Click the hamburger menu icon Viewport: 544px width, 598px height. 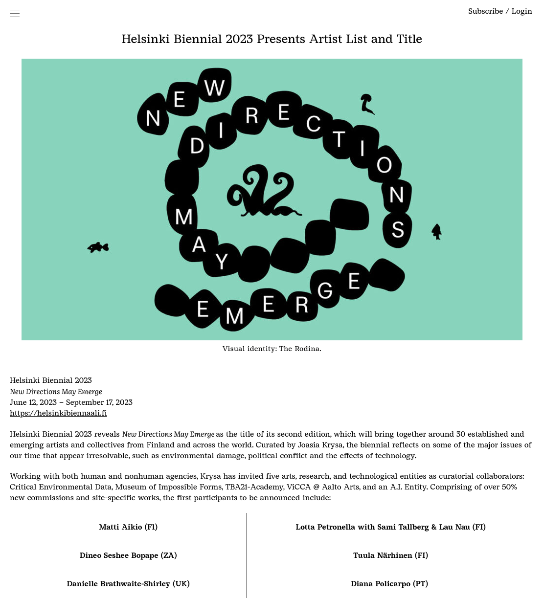pyautogui.click(x=15, y=13)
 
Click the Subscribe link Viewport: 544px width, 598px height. pyautogui.click(x=485, y=11)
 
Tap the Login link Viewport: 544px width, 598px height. pyautogui.click(x=521, y=11)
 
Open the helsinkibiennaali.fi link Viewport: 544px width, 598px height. pyautogui.click(x=58, y=413)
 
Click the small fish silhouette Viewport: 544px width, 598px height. pyautogui.click(x=98, y=247)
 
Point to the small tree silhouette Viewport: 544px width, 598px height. pyautogui.click(x=437, y=232)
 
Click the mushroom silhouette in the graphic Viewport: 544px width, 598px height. pyautogui.click(x=367, y=104)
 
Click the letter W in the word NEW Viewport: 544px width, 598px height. pyautogui.click(x=214, y=88)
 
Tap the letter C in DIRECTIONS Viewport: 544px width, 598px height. pyautogui.click(x=313, y=123)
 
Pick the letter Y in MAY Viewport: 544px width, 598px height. pyautogui.click(x=222, y=262)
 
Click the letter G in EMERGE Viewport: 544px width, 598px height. pyautogui.click(x=325, y=290)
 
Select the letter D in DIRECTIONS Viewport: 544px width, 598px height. pyautogui.click(x=197, y=146)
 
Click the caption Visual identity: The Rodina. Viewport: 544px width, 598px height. pyautogui.click(x=272, y=349)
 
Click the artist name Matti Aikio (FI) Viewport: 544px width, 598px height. pyautogui.click(x=128, y=527)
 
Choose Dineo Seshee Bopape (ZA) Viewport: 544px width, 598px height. pyautogui.click(x=128, y=555)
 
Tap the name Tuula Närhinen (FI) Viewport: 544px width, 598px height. pyautogui.click(x=391, y=555)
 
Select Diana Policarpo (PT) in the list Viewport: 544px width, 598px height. pyautogui.click(x=389, y=583)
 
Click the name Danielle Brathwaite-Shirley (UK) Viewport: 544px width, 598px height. pyautogui.click(x=128, y=583)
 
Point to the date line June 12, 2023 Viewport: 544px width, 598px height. pyautogui.click(x=33, y=402)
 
